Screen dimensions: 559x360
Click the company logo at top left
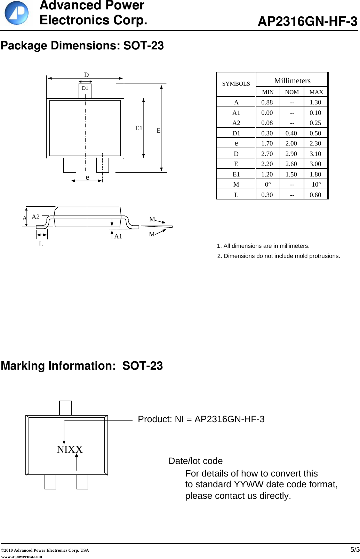point(16,13)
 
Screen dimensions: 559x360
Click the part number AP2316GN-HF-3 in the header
point(307,22)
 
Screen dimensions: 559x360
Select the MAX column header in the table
point(316,92)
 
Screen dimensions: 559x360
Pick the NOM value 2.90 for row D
point(291,153)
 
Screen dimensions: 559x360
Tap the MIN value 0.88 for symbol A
point(267,102)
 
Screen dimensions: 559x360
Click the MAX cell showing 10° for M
point(316,184)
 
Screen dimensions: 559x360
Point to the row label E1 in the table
point(236,174)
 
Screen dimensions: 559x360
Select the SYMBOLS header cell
point(236,84)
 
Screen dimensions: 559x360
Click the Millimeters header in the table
point(292,81)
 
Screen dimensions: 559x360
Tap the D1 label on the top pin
point(85,88)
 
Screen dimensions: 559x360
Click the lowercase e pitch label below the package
point(87,177)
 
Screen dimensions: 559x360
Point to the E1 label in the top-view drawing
point(139,128)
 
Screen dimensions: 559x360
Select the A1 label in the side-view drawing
point(118,236)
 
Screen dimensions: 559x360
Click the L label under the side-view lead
point(41,244)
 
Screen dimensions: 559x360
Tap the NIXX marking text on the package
point(70,449)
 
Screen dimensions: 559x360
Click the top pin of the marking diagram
point(65,408)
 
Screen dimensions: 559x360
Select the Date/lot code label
point(195,461)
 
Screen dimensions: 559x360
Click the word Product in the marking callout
point(155,419)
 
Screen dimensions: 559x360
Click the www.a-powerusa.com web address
point(22,556)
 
